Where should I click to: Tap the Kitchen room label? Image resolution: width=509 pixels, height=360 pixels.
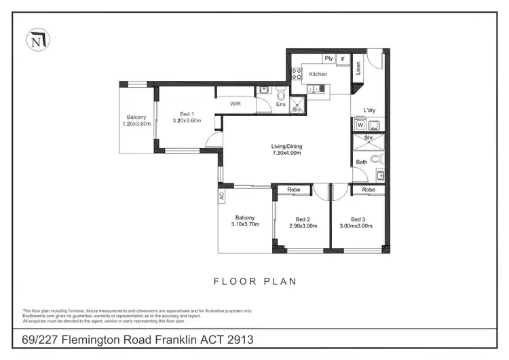(318, 74)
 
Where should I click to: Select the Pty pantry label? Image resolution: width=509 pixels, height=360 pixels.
(328, 59)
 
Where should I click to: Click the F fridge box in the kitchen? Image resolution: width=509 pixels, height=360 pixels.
(343, 60)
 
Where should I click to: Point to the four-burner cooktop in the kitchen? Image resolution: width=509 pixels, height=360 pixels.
(296, 75)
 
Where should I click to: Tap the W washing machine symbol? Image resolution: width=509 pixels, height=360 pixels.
(359, 125)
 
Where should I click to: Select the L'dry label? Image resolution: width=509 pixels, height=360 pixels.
(369, 111)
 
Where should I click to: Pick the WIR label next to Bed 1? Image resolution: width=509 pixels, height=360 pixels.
(236, 104)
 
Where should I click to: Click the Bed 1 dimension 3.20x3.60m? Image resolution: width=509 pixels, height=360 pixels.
(187, 121)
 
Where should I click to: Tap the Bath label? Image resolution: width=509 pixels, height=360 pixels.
(362, 162)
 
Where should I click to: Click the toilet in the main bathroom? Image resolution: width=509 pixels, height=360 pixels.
(380, 159)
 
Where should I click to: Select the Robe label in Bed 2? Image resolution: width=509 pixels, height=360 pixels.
(293, 190)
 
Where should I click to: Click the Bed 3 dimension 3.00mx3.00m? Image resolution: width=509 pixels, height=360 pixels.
(357, 226)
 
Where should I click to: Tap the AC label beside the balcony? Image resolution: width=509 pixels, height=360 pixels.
(221, 196)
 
